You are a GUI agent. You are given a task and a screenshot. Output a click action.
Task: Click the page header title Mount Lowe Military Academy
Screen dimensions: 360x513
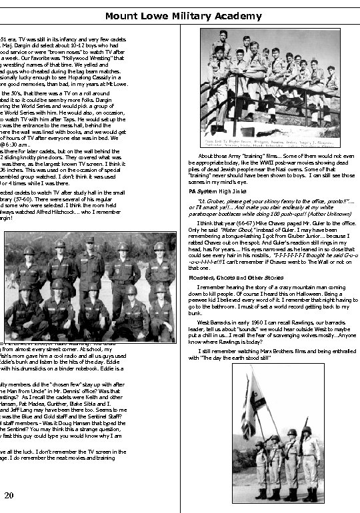tap(180, 15)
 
